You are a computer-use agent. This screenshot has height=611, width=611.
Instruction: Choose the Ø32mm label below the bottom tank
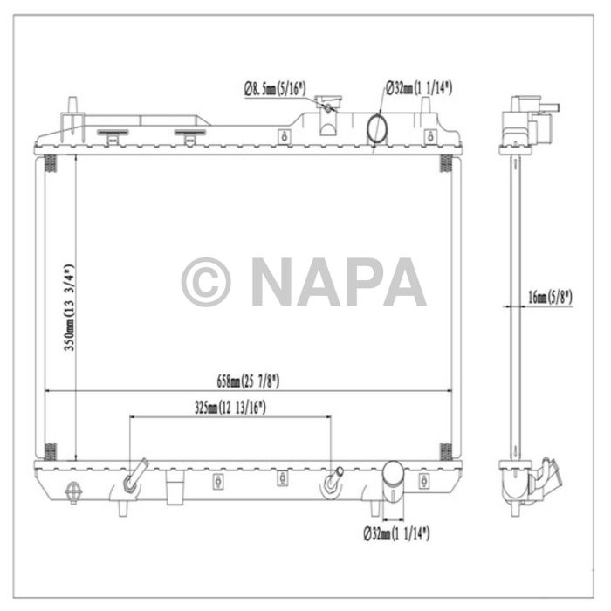(398, 531)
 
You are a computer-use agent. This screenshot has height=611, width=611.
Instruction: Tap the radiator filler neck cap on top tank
(328, 106)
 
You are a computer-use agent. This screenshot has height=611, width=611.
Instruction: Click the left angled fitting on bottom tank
(134, 478)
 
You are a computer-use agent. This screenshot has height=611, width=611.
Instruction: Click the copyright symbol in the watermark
(205, 282)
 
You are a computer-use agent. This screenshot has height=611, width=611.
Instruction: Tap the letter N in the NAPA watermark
(274, 282)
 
